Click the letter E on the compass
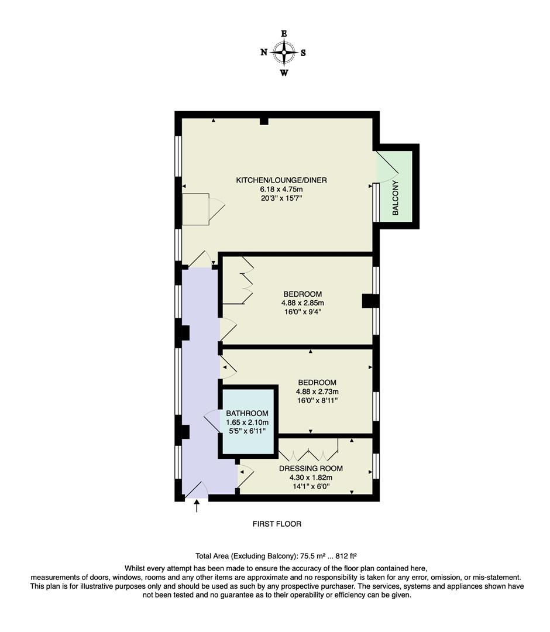284,34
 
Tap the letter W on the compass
284,73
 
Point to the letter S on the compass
303,53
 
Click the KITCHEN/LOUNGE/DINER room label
273,180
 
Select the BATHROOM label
247,413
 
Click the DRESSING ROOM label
311,468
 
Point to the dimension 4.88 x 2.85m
302,303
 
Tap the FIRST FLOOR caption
277,524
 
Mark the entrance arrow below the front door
197,506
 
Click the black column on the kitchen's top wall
264,121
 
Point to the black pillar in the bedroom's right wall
370,301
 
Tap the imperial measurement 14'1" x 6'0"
311,486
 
